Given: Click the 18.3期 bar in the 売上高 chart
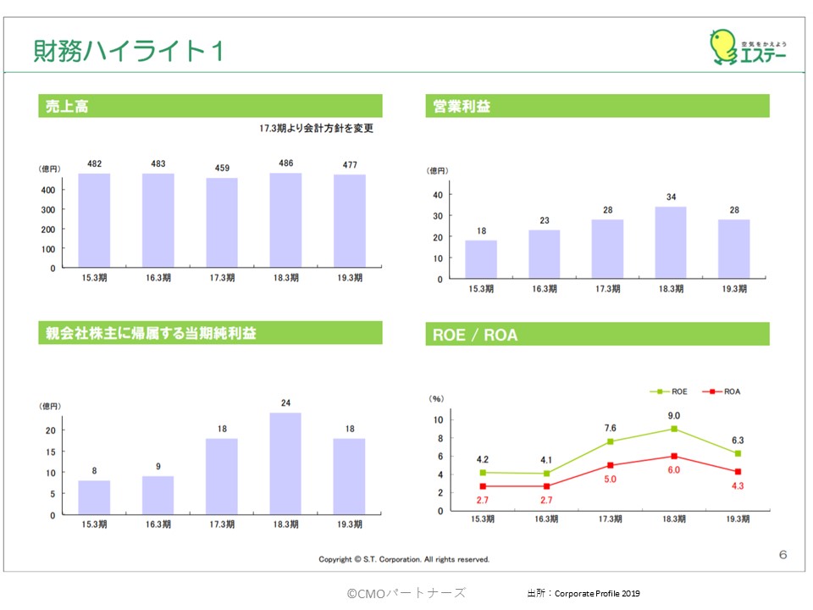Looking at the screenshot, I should (x=285, y=220).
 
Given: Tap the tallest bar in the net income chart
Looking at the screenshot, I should (x=285, y=463).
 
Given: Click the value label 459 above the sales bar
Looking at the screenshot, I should (x=222, y=168).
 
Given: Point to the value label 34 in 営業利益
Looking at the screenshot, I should (x=672, y=197).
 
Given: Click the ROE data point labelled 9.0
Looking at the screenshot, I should (x=674, y=429).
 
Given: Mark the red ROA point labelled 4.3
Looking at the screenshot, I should (x=738, y=471).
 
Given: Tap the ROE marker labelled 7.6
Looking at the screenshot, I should (x=610, y=441).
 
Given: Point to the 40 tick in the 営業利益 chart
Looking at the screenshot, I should (x=437, y=194).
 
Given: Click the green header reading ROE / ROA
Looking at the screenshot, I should (x=596, y=335).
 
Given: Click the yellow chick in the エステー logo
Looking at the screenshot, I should (x=722, y=47).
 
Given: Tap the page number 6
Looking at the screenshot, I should (x=783, y=555).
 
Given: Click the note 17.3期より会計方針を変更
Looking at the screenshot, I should (x=316, y=129).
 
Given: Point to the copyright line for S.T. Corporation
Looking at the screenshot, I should (x=404, y=559).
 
